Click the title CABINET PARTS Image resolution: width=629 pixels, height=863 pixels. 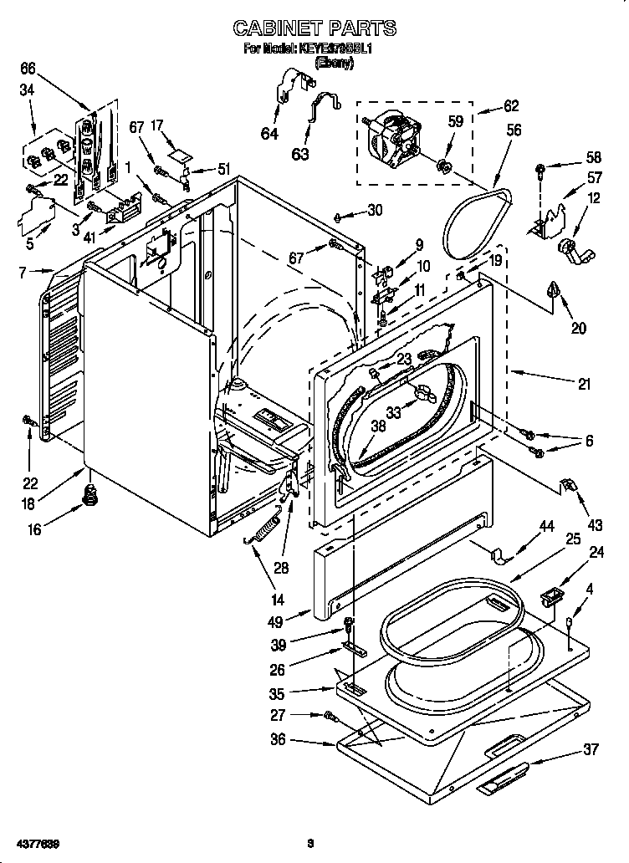pyautogui.click(x=314, y=28)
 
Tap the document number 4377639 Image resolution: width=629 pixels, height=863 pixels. pyautogui.click(x=36, y=841)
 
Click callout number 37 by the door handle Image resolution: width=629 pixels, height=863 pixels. pyautogui.click(x=590, y=749)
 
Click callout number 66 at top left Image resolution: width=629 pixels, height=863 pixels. pyautogui.click(x=28, y=68)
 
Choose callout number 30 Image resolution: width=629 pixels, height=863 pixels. pyautogui.click(x=373, y=211)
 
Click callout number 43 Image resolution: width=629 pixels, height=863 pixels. pyautogui.click(x=595, y=525)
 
